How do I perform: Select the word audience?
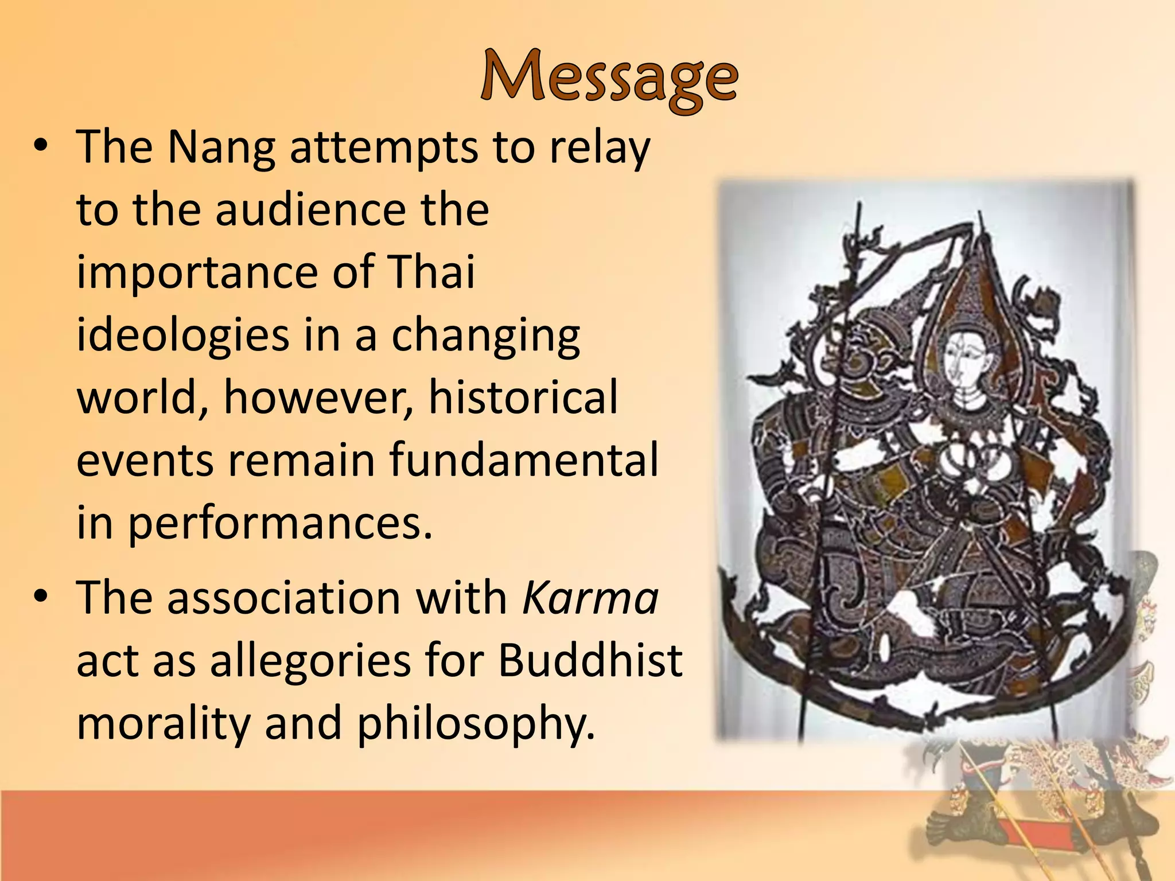(x=312, y=210)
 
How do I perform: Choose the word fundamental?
(x=523, y=460)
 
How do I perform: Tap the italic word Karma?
(x=590, y=598)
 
